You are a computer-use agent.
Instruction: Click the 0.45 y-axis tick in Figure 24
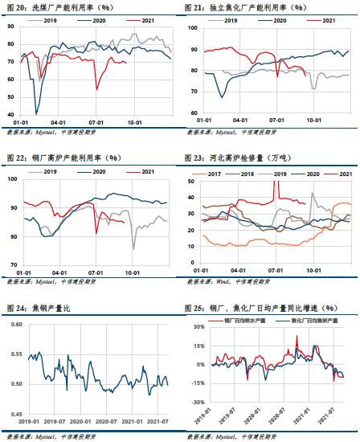tap(16, 413)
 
